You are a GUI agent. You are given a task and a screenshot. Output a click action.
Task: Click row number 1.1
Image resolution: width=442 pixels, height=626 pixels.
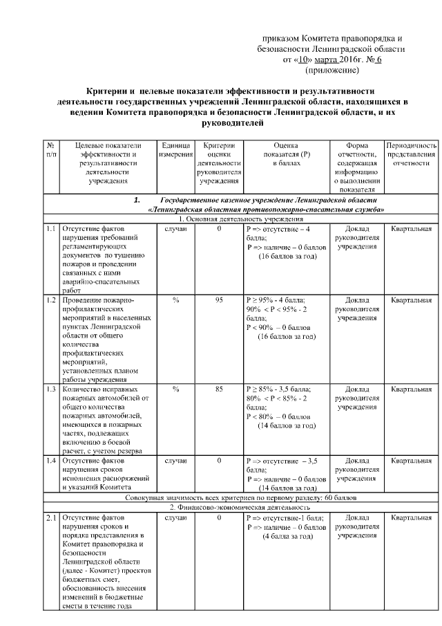[51, 228]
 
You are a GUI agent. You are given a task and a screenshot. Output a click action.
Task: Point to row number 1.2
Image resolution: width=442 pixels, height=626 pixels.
[51, 300]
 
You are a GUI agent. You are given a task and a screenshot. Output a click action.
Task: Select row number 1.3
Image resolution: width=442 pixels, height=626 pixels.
[51, 389]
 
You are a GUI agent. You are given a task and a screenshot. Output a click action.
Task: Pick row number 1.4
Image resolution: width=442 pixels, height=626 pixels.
[51, 460]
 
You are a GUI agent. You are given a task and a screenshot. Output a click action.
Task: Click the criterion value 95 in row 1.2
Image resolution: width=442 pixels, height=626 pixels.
[219, 300]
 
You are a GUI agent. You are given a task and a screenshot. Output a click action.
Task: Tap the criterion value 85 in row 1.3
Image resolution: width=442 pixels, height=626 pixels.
[219, 389]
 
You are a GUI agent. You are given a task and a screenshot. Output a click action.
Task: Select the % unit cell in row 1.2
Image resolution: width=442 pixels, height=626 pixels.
[176, 300]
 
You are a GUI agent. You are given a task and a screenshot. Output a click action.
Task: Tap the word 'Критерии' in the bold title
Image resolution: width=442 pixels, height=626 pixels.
[107, 91]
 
